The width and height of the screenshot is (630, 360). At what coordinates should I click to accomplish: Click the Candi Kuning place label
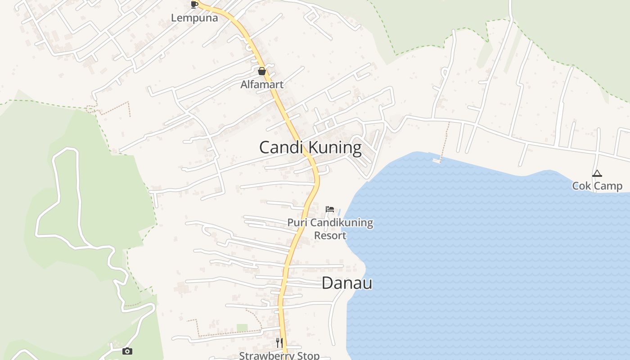pyautogui.click(x=310, y=148)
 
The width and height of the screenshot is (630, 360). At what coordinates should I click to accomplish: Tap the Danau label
pyautogui.click(x=347, y=283)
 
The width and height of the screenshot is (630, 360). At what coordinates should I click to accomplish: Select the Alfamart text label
pyautogui.click(x=262, y=84)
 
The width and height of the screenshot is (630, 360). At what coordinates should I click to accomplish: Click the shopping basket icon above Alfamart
pyautogui.click(x=262, y=71)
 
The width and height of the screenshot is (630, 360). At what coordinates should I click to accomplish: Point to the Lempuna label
pyautogui.click(x=194, y=18)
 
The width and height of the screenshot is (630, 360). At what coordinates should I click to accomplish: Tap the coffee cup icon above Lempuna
pyautogui.click(x=194, y=5)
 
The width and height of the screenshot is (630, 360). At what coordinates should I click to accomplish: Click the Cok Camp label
pyautogui.click(x=597, y=186)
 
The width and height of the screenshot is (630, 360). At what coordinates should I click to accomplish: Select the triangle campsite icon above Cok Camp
pyautogui.click(x=597, y=173)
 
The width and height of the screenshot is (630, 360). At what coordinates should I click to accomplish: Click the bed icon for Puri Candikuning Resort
pyautogui.click(x=330, y=209)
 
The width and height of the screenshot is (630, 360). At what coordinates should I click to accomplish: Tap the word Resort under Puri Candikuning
pyautogui.click(x=330, y=235)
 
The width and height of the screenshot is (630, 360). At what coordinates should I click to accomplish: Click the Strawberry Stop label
pyautogui.click(x=279, y=355)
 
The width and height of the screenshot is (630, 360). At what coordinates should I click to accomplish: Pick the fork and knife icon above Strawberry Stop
pyautogui.click(x=279, y=342)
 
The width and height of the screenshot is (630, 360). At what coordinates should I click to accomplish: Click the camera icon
pyautogui.click(x=127, y=351)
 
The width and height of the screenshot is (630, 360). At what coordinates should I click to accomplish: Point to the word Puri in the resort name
pyautogui.click(x=297, y=223)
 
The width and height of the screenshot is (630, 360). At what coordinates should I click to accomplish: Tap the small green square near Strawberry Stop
pyautogui.click(x=242, y=328)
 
